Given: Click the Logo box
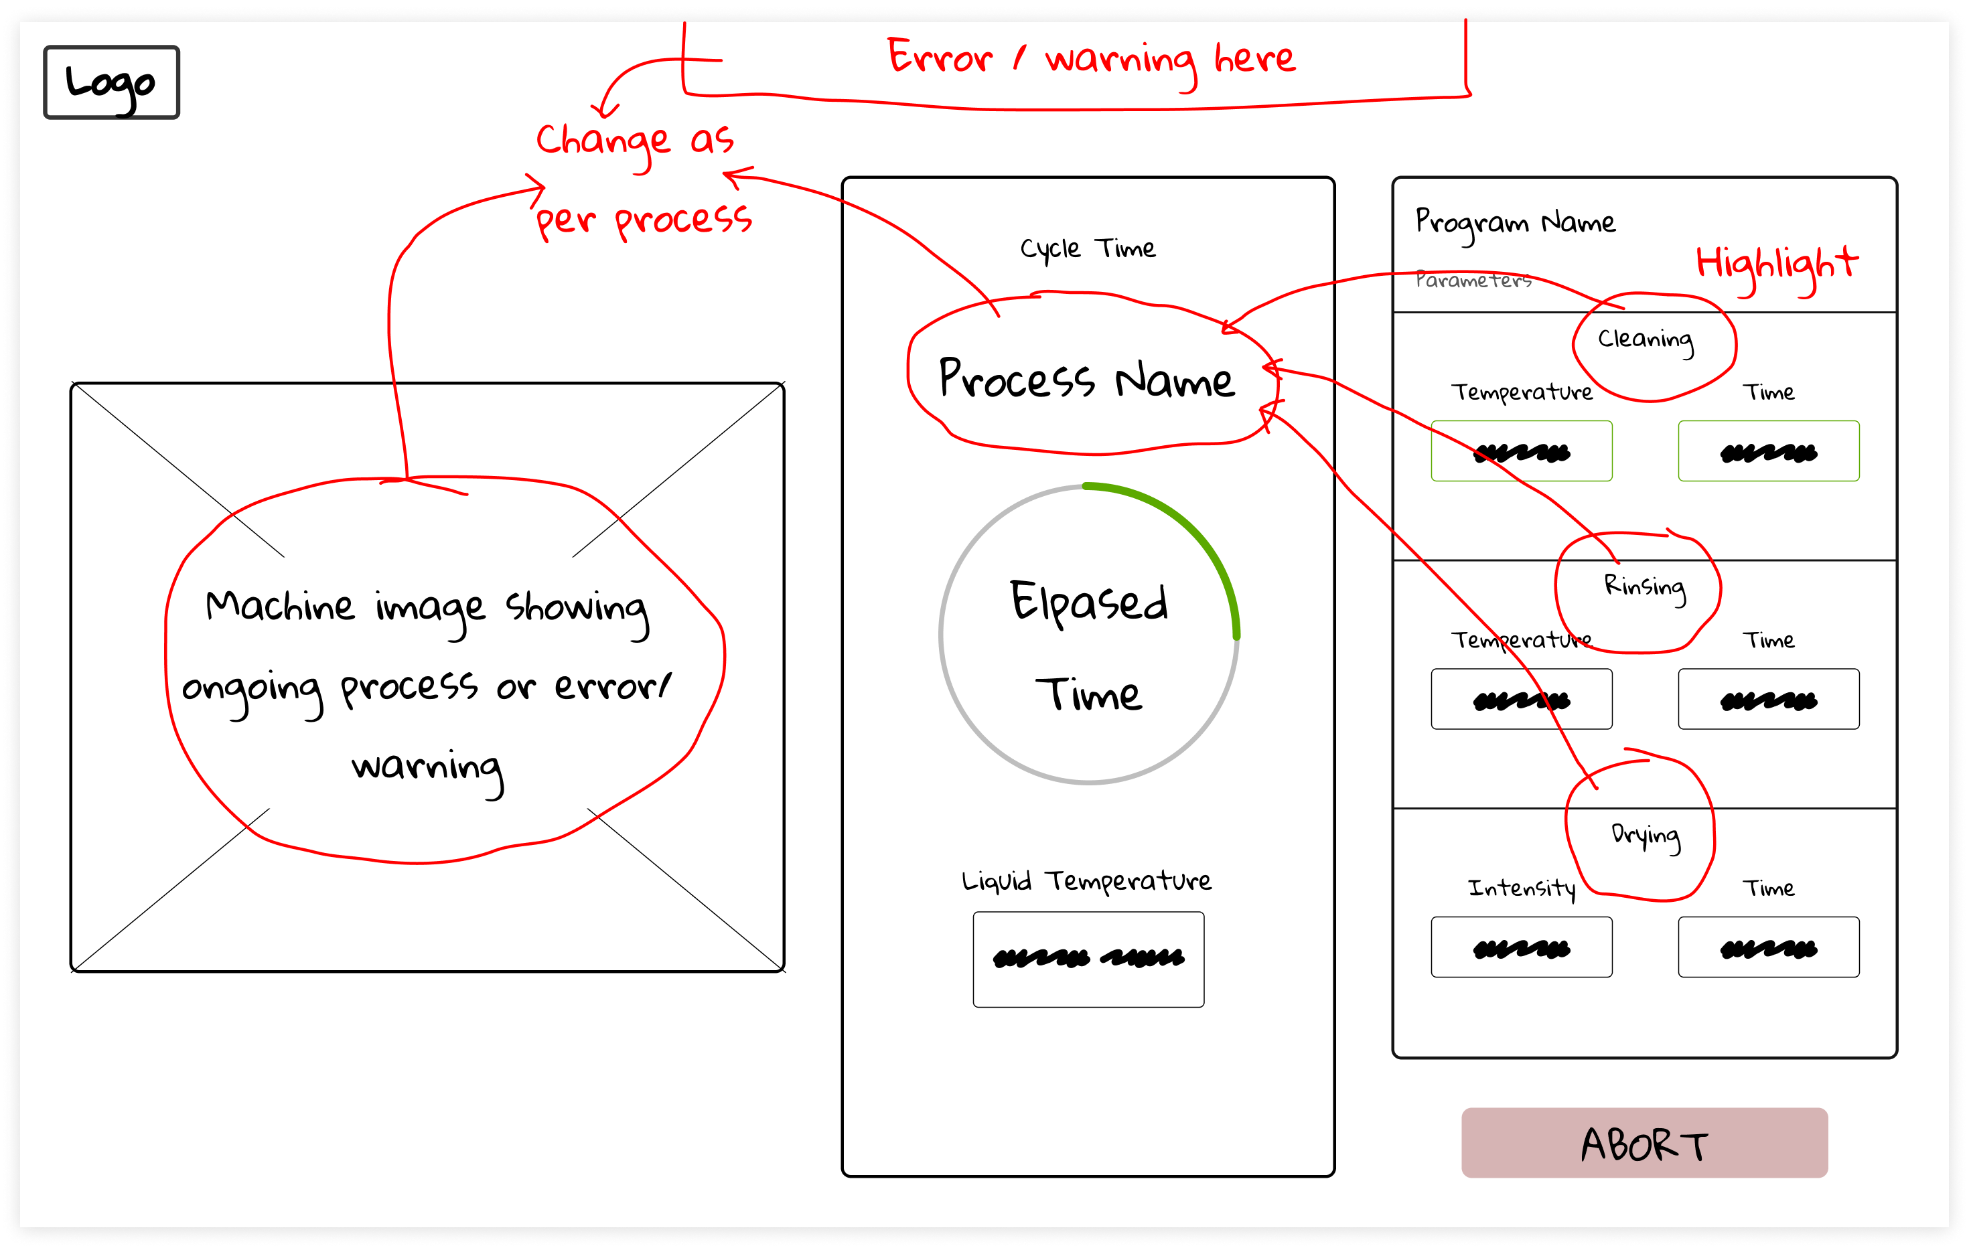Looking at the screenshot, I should point(111,82).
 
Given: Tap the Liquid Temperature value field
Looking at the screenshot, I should point(1088,959).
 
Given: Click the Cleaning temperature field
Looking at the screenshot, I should point(1521,451).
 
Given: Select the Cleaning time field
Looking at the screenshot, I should point(1769,451).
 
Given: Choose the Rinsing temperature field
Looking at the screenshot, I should point(1521,699).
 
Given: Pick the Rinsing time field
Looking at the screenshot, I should point(1769,699).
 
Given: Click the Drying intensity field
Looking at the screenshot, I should point(1521,947).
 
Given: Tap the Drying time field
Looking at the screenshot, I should point(1769,947).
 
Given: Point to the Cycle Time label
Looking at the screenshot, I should point(1088,248).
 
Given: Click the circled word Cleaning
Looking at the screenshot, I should point(1646,339).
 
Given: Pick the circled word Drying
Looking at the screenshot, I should point(1646,835).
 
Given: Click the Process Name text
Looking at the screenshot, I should point(1087,380).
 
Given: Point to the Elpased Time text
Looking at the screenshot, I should point(1088,646).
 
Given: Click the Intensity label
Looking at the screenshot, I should point(1521,888).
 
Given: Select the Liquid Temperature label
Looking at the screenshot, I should point(1087,881).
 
